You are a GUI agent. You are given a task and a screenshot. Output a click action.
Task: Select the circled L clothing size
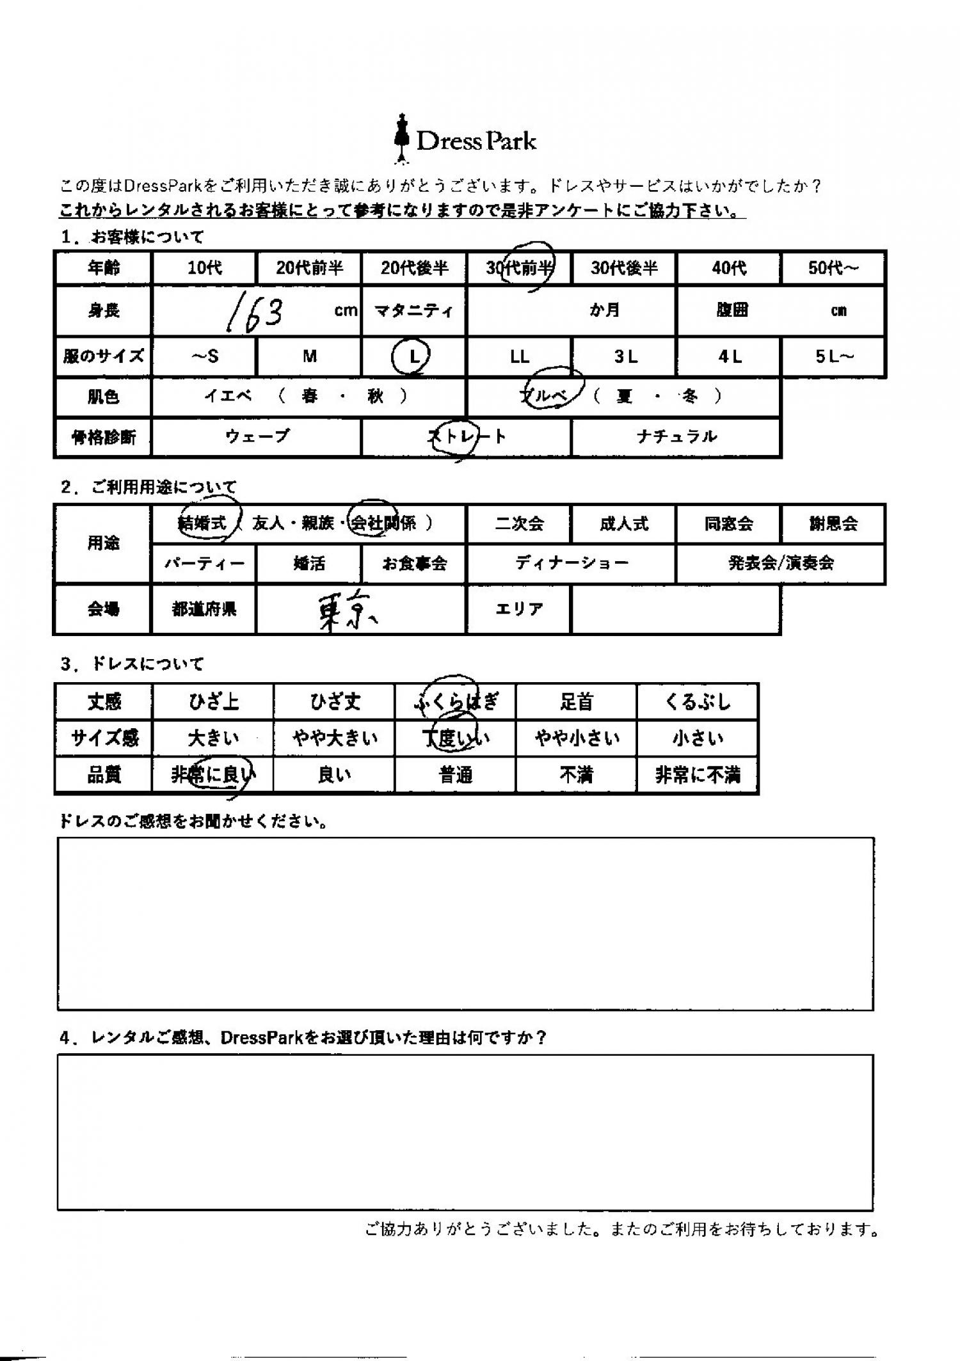[x=413, y=356]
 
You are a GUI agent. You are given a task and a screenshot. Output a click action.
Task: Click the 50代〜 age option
[x=833, y=268]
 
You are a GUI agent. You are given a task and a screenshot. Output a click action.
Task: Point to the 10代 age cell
[x=204, y=268]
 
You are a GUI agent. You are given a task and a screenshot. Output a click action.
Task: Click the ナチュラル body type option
[x=676, y=437]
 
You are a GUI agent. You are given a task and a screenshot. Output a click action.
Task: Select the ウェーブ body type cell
[x=257, y=437]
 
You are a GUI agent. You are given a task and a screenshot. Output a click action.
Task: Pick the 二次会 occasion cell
[x=519, y=524]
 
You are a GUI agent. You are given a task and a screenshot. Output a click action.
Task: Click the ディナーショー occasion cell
[x=572, y=563]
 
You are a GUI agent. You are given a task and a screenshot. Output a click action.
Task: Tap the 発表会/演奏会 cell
[x=781, y=563]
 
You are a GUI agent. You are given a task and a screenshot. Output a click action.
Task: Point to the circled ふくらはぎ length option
[x=455, y=702]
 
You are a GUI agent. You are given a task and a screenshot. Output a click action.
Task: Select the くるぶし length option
[x=697, y=702]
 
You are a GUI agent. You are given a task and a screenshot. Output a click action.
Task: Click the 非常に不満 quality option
[x=697, y=776]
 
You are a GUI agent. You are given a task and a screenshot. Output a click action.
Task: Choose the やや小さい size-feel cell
[x=577, y=739]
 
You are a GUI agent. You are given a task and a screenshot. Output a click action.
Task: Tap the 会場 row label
[x=103, y=609]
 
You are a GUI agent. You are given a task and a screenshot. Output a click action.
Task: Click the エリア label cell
[x=519, y=609]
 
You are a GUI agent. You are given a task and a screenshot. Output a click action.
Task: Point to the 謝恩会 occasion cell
[x=833, y=524]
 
